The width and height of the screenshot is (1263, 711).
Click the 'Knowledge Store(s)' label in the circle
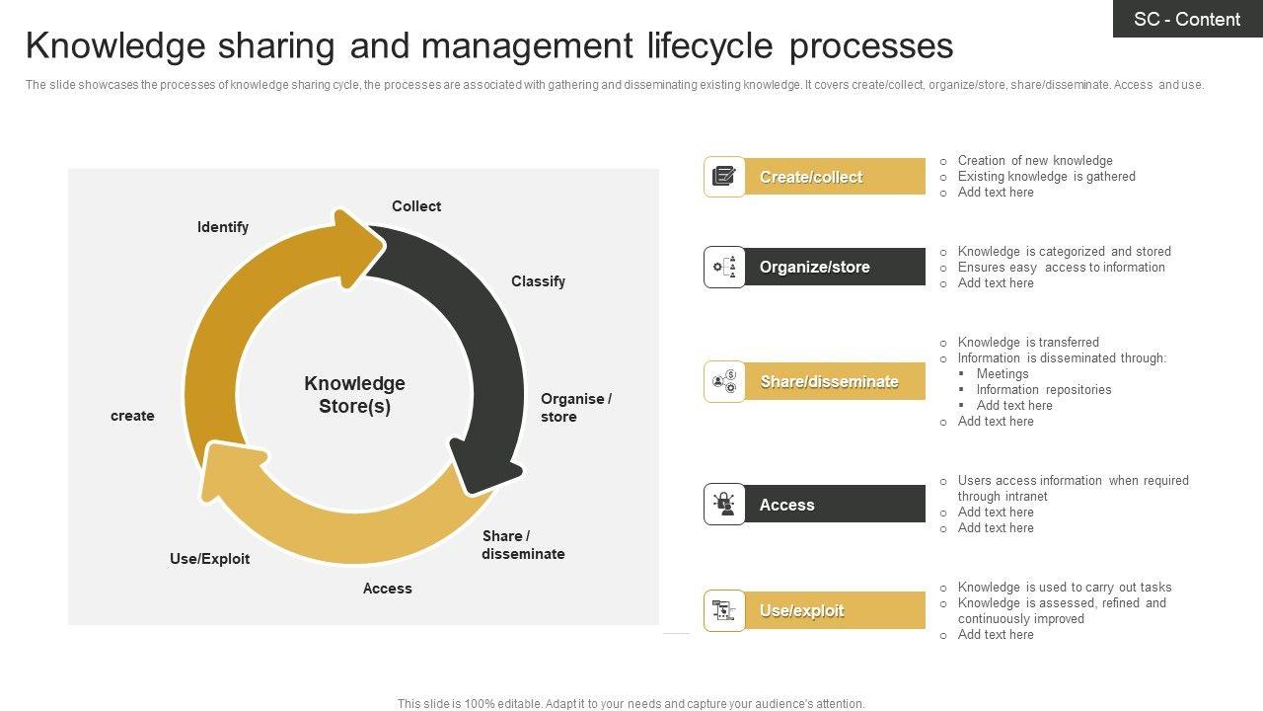[x=354, y=395]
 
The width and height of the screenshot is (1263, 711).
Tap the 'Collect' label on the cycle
[x=415, y=206]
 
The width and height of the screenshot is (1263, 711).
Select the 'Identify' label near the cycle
[x=223, y=227]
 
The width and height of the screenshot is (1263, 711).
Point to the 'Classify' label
[x=538, y=281]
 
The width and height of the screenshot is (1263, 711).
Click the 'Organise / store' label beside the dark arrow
[x=575, y=408]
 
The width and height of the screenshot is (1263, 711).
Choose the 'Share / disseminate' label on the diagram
[x=523, y=545]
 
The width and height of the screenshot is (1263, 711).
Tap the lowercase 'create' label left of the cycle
[x=132, y=416]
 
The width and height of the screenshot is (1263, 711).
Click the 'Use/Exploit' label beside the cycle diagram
[x=209, y=559]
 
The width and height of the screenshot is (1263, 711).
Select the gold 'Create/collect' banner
[x=834, y=177]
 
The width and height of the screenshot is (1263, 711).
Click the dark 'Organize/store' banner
[x=834, y=267]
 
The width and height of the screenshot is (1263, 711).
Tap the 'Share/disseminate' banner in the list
[x=834, y=381]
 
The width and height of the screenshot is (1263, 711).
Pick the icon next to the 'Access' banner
[x=724, y=505]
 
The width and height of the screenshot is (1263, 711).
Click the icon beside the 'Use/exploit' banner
[x=724, y=610]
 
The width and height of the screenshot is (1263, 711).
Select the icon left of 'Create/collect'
[x=724, y=177]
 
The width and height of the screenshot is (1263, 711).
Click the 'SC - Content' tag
[x=1187, y=19]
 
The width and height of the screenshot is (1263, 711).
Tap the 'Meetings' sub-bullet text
[x=1003, y=374]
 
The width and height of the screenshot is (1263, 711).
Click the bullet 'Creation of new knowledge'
[x=1035, y=161]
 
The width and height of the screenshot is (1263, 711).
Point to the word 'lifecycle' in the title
[x=711, y=46]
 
